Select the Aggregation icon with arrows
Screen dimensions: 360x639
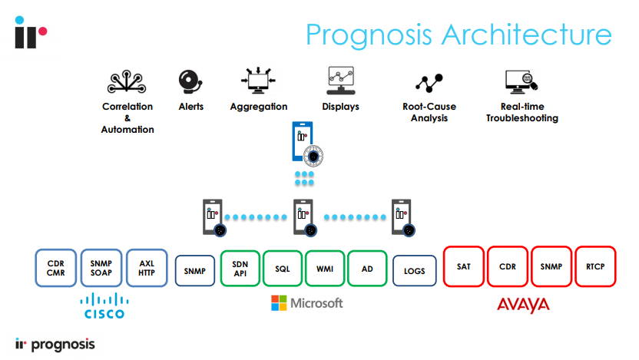click(258, 81)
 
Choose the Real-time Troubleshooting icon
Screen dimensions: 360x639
click(520, 81)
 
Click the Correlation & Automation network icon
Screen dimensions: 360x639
click(127, 81)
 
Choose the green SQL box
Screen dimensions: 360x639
click(282, 269)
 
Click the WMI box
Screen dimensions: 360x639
click(325, 269)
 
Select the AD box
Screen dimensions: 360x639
click(367, 269)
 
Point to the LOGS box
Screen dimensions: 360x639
click(414, 270)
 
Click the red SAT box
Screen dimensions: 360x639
click(463, 266)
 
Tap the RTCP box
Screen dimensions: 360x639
click(596, 266)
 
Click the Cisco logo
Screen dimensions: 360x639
click(103, 305)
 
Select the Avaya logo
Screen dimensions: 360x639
click(523, 305)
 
